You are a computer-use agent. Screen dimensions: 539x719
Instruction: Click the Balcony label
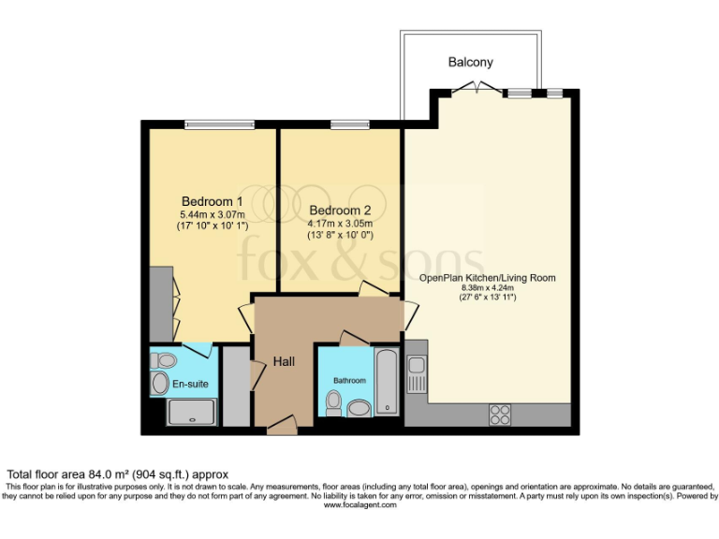(470, 63)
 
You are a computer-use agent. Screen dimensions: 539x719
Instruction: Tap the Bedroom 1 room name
(213, 201)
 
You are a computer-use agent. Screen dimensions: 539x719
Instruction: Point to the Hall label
(286, 360)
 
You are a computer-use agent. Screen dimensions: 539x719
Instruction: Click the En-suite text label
(191, 384)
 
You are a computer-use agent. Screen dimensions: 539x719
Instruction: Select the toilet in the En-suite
(165, 359)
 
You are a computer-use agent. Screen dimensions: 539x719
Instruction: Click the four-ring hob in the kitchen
(500, 414)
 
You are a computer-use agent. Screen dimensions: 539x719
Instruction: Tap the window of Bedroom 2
(348, 124)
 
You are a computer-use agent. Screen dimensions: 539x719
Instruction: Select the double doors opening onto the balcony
(477, 90)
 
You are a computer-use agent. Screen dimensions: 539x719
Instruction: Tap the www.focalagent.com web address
(359, 505)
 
